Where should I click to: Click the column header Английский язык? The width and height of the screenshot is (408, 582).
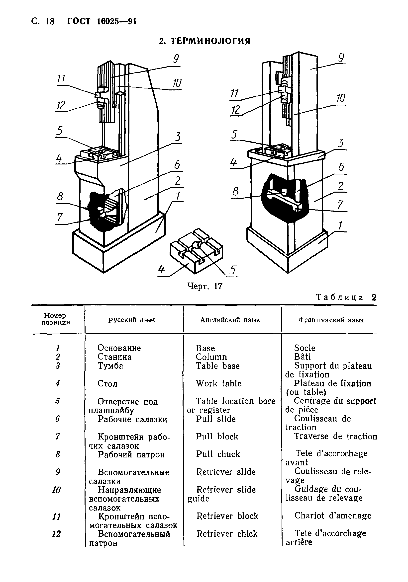[230, 320]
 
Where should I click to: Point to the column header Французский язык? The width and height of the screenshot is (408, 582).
[331, 320]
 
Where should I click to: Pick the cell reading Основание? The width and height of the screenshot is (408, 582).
[119, 348]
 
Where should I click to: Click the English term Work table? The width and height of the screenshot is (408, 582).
[218, 383]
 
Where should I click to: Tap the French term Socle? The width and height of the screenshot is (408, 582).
[305, 348]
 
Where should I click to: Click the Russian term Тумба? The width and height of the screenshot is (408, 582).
[110, 365]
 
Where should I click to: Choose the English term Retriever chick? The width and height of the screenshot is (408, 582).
[227, 534]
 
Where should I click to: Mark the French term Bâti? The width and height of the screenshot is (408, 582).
[302, 357]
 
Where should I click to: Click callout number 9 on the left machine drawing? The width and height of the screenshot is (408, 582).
[176, 59]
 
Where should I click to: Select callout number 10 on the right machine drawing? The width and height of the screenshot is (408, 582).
[341, 98]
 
